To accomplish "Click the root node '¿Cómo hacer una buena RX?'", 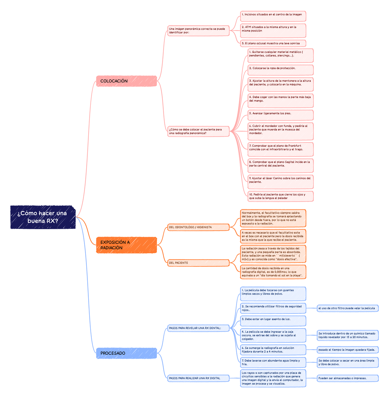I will tap(43, 217).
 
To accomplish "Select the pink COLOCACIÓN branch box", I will tap(126, 81).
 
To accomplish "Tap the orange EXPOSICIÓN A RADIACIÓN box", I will tap(126, 245).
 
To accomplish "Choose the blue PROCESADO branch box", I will tap(126, 353).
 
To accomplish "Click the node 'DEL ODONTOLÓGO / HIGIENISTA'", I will tap(198, 227).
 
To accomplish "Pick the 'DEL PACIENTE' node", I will tap(198, 263).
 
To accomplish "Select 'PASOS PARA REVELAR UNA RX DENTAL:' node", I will tap(198, 328).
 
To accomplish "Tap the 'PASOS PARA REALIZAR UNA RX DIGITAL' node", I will tap(198, 378).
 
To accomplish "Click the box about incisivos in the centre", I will tap(273, 15).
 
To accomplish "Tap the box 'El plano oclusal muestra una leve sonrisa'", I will tap(273, 43).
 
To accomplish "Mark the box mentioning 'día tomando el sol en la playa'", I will tap(273, 272).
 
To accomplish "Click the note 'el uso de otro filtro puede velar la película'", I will tap(348, 308).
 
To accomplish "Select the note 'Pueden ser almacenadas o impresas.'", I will tap(348, 378).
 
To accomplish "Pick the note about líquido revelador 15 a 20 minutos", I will tap(348, 335).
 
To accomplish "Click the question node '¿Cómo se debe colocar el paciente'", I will tap(198, 131).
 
